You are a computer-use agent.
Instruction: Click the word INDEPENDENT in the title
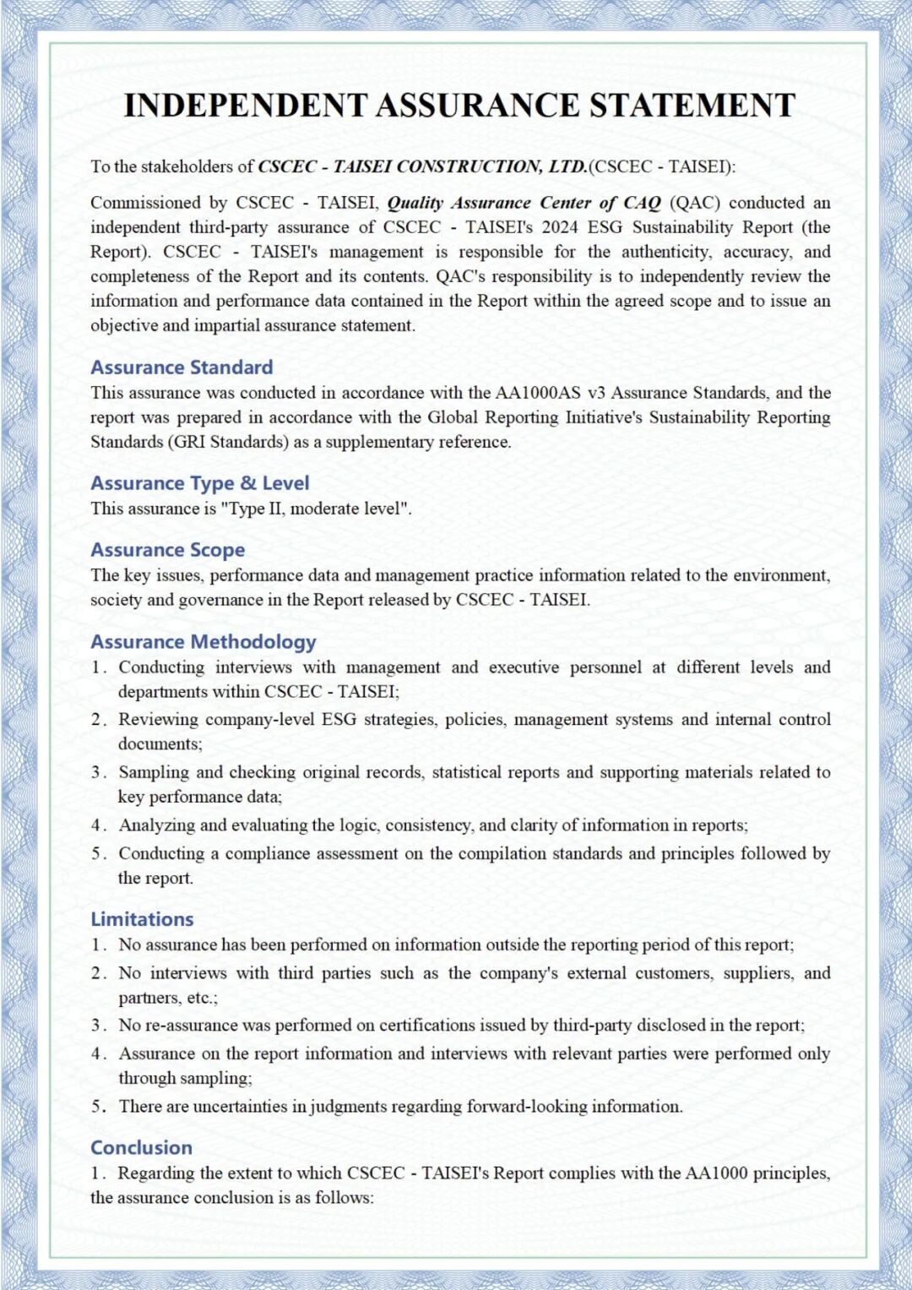click(x=245, y=106)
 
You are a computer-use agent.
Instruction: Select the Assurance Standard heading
click(x=182, y=367)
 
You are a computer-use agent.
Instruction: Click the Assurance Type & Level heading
click(x=200, y=483)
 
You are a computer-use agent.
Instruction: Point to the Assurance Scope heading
click(x=167, y=550)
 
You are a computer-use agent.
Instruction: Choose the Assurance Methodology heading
click(x=204, y=642)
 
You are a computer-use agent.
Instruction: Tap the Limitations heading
click(x=142, y=919)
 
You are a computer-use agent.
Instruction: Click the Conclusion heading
click(x=141, y=1148)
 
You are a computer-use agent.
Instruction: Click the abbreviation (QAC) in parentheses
click(x=694, y=203)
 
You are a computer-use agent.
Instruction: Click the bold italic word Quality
click(x=415, y=203)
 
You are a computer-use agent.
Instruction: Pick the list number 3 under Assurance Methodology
click(x=98, y=772)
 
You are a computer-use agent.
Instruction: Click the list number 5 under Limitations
click(x=99, y=1107)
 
